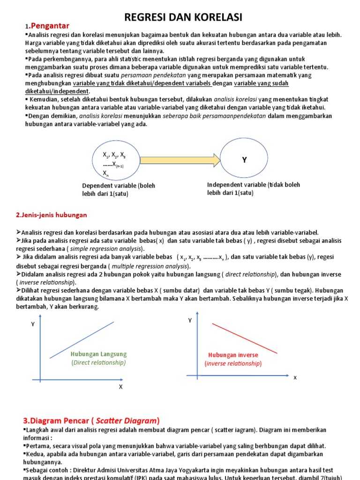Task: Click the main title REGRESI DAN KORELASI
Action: pyautogui.click(x=183, y=18)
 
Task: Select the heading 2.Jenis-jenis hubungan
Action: pyautogui.click(x=52, y=215)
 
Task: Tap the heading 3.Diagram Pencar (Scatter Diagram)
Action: pyautogui.click(x=92, y=420)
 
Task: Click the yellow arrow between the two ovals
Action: pyautogui.click(x=180, y=160)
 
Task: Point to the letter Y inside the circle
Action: pyautogui.click(x=244, y=160)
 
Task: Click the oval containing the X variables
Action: pyautogui.click(x=114, y=161)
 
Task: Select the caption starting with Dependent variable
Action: pyautogui.click(x=119, y=189)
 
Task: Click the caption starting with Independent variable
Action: pyautogui.click(x=253, y=188)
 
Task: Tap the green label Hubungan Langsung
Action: pyautogui.click(x=99, y=354)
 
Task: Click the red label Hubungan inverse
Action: pyautogui.click(x=233, y=355)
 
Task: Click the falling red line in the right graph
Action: pyautogui.click(x=245, y=338)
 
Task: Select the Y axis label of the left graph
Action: pyautogui.click(x=33, y=324)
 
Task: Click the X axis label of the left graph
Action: pyautogui.click(x=120, y=387)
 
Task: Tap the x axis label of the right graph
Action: pyautogui.click(x=295, y=377)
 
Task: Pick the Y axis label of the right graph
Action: pyautogui.click(x=190, y=320)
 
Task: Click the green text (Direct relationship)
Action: pyautogui.click(x=99, y=362)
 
